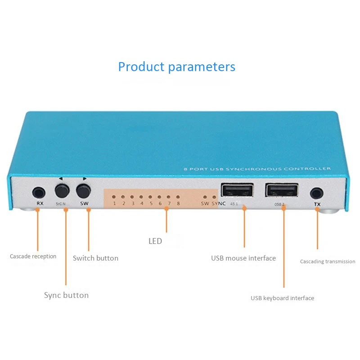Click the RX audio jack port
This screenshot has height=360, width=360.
39,193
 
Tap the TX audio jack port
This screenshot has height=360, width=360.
317,193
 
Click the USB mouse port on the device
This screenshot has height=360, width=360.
237,191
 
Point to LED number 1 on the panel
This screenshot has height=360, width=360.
114,197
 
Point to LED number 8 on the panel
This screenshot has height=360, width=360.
178,197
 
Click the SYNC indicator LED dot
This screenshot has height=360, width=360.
214,197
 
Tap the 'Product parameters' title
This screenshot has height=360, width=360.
176,67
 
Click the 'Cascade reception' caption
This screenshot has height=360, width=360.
33,256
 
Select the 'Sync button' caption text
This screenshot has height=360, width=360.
66,295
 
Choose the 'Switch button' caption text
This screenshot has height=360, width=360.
95,258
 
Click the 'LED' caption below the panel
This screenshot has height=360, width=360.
155,241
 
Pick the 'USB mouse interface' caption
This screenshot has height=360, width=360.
243,258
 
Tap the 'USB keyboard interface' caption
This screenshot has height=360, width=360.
282,298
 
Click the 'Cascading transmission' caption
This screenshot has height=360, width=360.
328,261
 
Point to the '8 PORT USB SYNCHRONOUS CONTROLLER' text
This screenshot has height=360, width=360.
257,169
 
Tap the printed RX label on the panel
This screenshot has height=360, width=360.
40,203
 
